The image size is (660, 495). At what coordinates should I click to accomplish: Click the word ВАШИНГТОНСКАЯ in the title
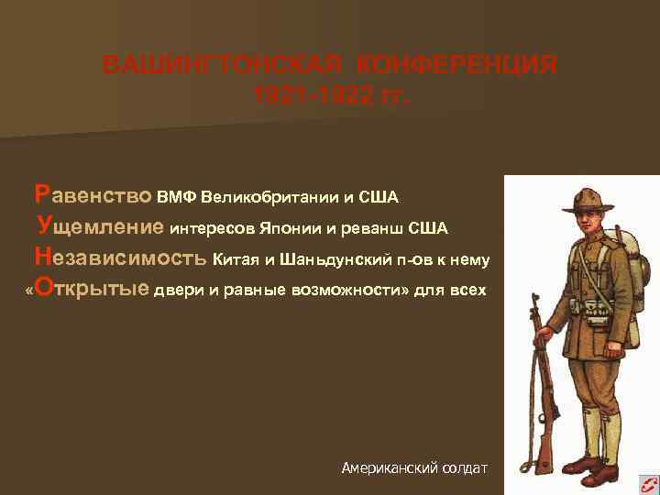point(207,66)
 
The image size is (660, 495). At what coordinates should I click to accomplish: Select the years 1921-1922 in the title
point(307,94)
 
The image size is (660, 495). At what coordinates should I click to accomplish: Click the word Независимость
point(120,258)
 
